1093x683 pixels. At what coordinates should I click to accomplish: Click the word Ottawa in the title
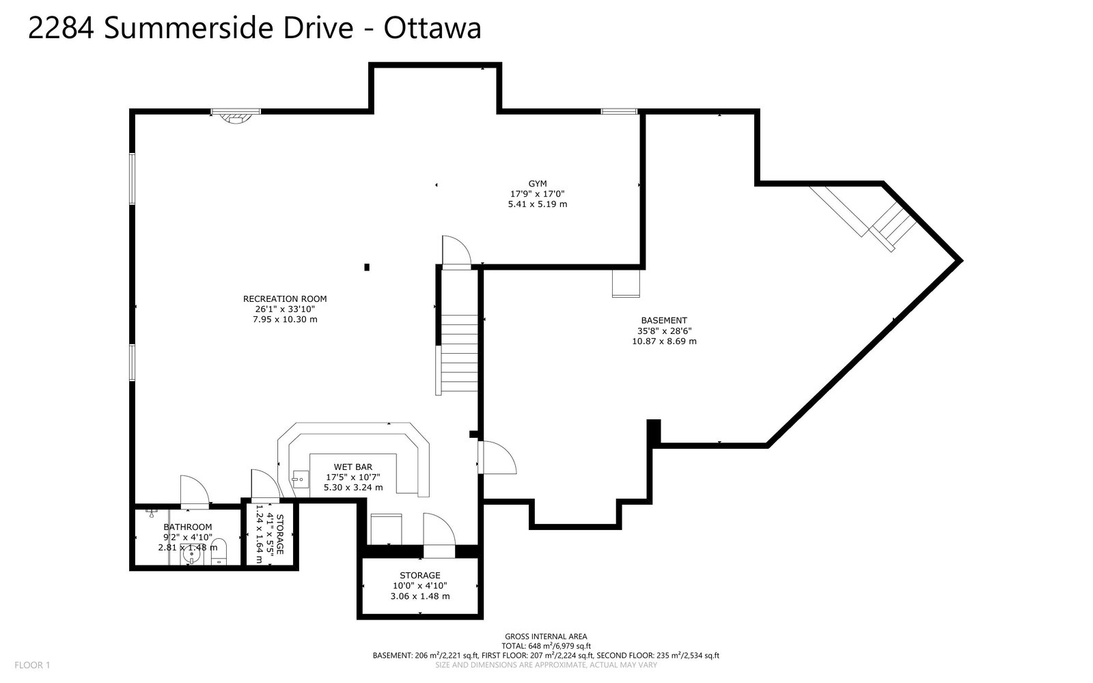[x=432, y=28]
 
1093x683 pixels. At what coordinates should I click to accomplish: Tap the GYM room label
[x=537, y=184]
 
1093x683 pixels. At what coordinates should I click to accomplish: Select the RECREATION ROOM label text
[x=285, y=298]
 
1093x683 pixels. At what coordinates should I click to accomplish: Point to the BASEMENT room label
[x=663, y=320]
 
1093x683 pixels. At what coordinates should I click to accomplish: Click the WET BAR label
[x=352, y=467]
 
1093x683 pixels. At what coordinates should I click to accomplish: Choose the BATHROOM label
[x=188, y=527]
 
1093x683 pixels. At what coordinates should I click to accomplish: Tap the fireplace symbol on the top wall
[x=236, y=117]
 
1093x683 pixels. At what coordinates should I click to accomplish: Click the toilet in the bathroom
[x=219, y=551]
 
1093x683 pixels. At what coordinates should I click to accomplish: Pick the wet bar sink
[x=301, y=479]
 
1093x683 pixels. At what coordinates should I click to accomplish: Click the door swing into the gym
[x=456, y=251]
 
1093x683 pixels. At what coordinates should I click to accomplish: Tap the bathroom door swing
[x=195, y=491]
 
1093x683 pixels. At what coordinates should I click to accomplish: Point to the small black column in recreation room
[x=367, y=267]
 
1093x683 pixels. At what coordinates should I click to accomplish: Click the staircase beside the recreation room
[x=458, y=353]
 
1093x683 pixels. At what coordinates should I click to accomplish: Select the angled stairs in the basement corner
[x=863, y=218]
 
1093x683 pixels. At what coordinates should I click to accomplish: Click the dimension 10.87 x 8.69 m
[x=664, y=341]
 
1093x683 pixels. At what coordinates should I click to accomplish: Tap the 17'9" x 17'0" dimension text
[x=537, y=194]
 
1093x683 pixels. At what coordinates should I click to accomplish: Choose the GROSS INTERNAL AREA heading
[x=546, y=636]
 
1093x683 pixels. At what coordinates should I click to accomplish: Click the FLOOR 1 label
[x=32, y=665]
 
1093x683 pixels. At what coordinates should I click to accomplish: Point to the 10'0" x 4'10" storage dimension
[x=419, y=585]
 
